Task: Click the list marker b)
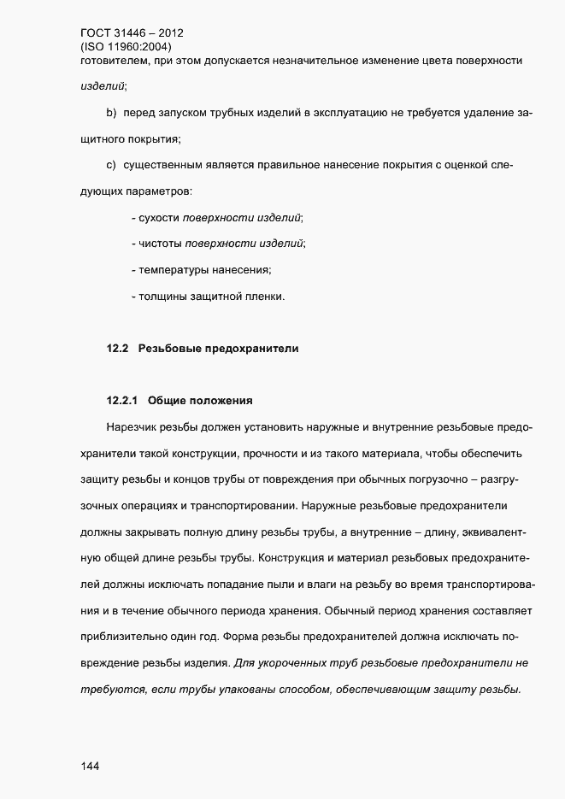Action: point(111,112)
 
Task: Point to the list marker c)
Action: point(111,163)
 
